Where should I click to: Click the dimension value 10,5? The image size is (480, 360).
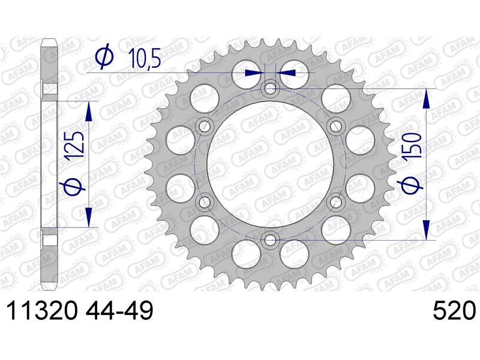145,58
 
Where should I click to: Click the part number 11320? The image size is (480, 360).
41,311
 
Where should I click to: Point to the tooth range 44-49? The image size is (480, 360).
119,311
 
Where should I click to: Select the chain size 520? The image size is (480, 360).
454,311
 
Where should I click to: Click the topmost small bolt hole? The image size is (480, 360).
269,89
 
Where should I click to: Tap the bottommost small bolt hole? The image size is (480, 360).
269,239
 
